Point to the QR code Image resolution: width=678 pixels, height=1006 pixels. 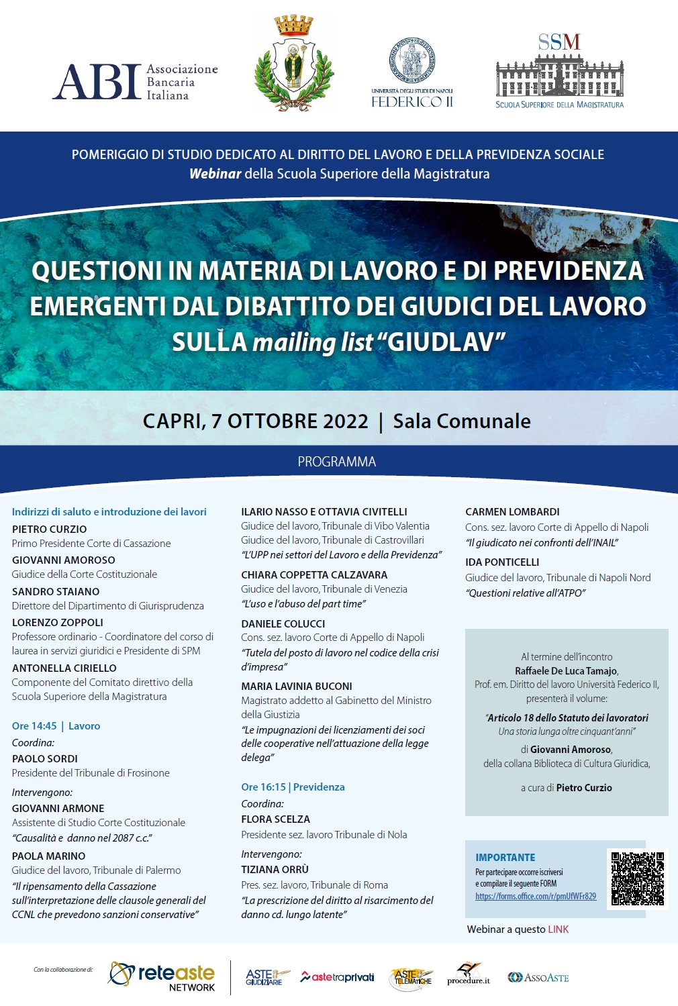[637, 878]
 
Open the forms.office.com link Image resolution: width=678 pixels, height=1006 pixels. [535, 897]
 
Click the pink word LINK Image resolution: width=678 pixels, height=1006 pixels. [558, 929]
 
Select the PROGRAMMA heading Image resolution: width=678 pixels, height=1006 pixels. [337, 462]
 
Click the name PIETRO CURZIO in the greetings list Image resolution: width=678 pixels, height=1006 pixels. [50, 529]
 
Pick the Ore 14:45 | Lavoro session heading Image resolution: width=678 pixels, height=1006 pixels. [56, 725]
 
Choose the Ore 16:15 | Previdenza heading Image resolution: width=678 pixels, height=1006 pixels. [293, 787]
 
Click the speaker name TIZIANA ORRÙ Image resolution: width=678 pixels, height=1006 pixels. [275, 869]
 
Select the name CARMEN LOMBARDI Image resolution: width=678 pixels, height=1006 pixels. [512, 511]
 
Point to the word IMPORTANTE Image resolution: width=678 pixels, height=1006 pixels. [505, 857]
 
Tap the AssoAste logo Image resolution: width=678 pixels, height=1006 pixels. [538, 978]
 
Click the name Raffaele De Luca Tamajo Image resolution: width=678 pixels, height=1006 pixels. [566, 671]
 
